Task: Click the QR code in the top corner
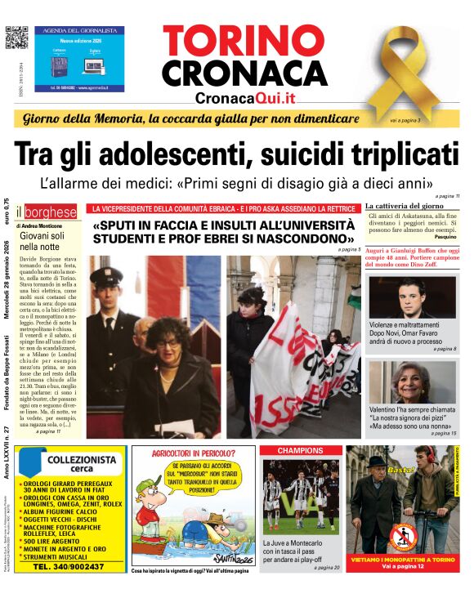16,38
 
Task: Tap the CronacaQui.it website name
244,98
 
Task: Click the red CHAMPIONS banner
300,450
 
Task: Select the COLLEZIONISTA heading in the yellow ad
82,461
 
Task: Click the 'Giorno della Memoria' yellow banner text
190,119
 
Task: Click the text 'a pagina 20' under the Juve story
326,567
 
